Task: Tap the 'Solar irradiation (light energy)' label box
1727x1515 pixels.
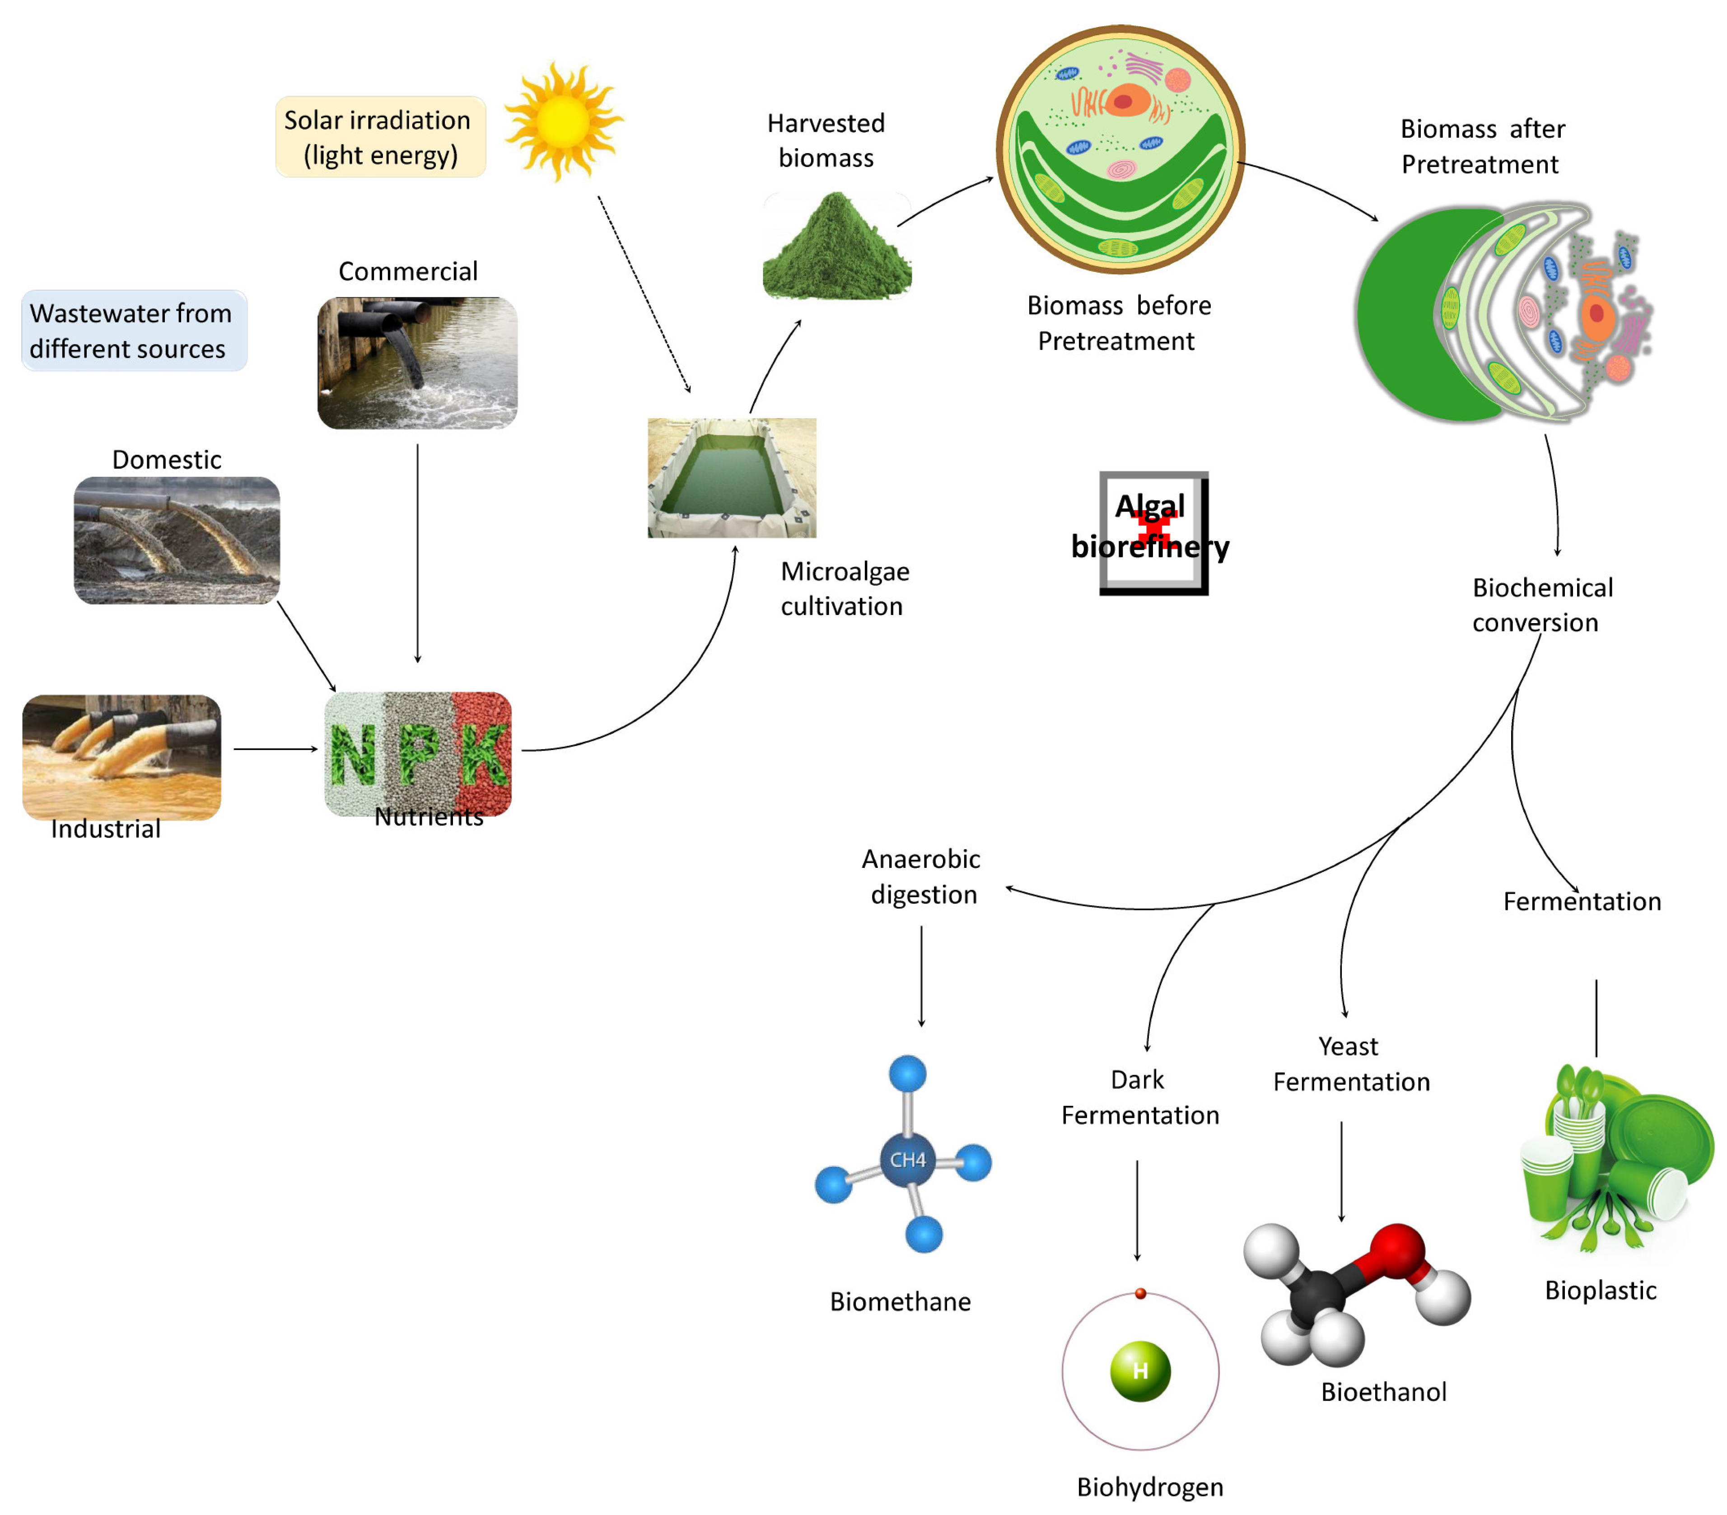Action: [380, 137]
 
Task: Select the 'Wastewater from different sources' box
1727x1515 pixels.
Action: [134, 331]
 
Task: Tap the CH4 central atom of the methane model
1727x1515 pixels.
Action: [907, 1159]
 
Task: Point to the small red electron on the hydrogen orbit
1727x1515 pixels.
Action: [1140, 1293]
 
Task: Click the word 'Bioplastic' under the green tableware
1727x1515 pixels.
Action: [1600, 1290]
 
